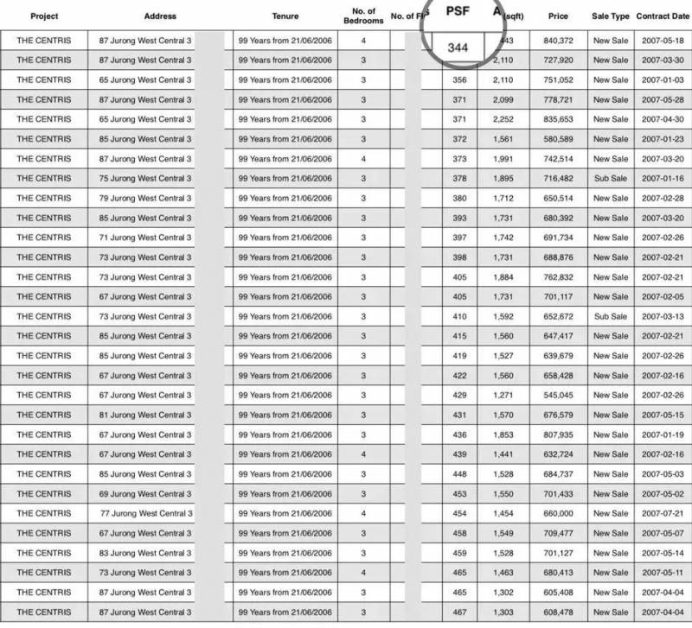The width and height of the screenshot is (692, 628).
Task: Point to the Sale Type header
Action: click(x=611, y=16)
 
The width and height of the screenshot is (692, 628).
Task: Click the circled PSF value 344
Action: click(x=458, y=48)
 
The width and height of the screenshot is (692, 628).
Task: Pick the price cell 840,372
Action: click(x=563, y=41)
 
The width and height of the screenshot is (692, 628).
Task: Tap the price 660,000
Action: click(x=563, y=513)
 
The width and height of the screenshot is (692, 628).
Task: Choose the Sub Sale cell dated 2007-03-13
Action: click(x=611, y=316)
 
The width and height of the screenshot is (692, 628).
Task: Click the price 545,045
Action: click(x=563, y=395)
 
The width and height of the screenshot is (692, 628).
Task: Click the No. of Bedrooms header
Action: click(x=363, y=16)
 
